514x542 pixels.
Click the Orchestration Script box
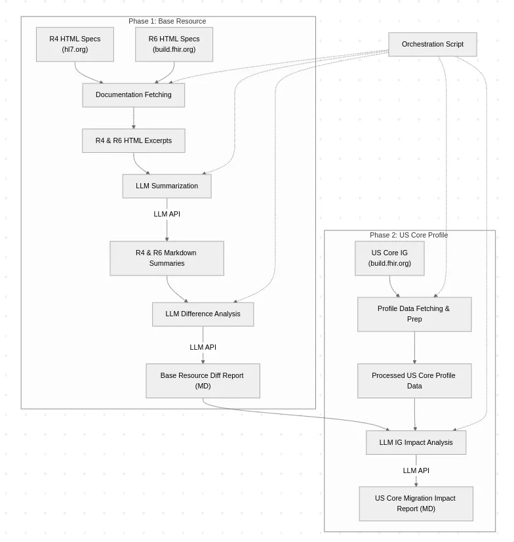click(433, 44)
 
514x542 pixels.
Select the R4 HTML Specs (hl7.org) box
click(75, 44)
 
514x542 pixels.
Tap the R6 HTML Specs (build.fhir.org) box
click(174, 44)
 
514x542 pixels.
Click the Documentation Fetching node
click(133, 95)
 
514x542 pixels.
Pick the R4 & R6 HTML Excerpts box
click(133, 140)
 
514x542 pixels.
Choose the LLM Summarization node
click(167, 186)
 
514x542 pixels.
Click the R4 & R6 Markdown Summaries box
click(167, 259)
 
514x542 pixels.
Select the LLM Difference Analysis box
click(203, 314)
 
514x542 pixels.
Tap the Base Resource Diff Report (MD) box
click(203, 381)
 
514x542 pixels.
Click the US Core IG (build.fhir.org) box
click(389, 259)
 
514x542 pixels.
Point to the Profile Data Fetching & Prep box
click(414, 314)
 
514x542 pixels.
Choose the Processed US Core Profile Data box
click(414, 381)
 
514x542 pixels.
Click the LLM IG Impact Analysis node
click(416, 442)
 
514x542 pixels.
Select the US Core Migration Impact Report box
click(416, 504)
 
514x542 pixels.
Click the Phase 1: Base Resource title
click(167, 21)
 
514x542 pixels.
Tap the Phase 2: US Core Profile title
click(408, 235)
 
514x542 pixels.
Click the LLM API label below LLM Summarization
click(167, 214)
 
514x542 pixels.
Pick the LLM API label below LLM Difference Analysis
click(203, 347)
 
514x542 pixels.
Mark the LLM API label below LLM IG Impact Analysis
click(416, 470)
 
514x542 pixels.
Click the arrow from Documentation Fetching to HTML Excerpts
click(134, 118)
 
